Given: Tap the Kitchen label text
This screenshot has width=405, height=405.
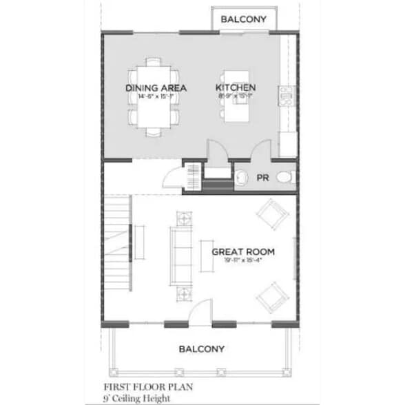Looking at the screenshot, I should [236, 87].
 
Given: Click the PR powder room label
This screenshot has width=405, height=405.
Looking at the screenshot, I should [262, 177].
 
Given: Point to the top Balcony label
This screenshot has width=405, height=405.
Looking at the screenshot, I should [244, 19].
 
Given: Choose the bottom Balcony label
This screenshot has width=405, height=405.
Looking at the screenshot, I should [201, 349].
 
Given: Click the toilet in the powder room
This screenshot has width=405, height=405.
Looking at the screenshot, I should [284, 178].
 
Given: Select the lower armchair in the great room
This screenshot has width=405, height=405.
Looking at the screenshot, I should [271, 295].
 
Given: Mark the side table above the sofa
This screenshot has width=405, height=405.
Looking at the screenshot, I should [184, 219].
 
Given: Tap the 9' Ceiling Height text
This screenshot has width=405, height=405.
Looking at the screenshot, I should [135, 398].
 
